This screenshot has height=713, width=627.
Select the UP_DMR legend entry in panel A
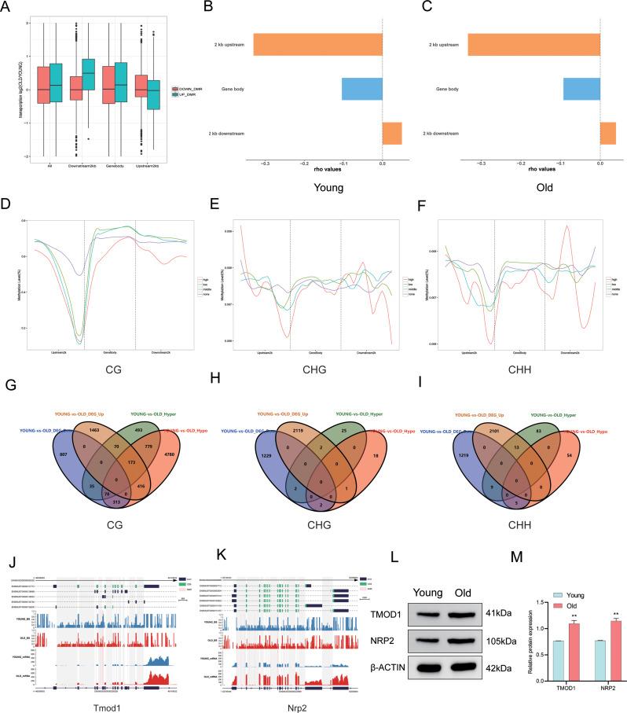(189, 94)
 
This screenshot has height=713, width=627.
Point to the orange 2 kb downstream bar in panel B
(391, 133)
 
